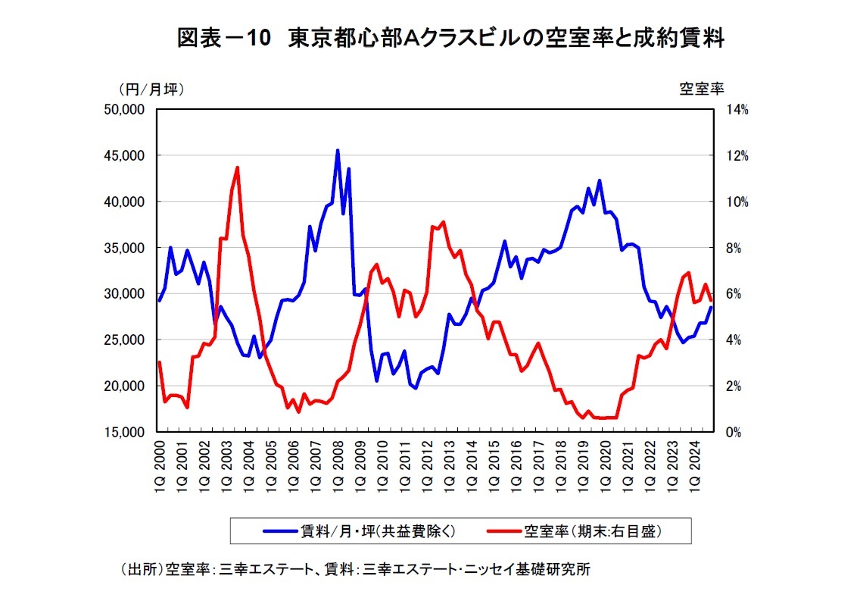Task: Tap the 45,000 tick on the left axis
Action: pos(127,156)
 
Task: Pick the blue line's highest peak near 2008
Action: pos(338,150)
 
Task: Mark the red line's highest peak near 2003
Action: pos(238,167)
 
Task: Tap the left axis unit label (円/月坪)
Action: pos(151,89)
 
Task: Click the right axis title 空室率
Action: pos(702,89)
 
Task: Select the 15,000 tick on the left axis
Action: pos(127,433)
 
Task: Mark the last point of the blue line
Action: pos(711,307)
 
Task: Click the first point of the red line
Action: pos(160,362)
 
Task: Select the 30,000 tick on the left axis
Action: pos(127,294)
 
